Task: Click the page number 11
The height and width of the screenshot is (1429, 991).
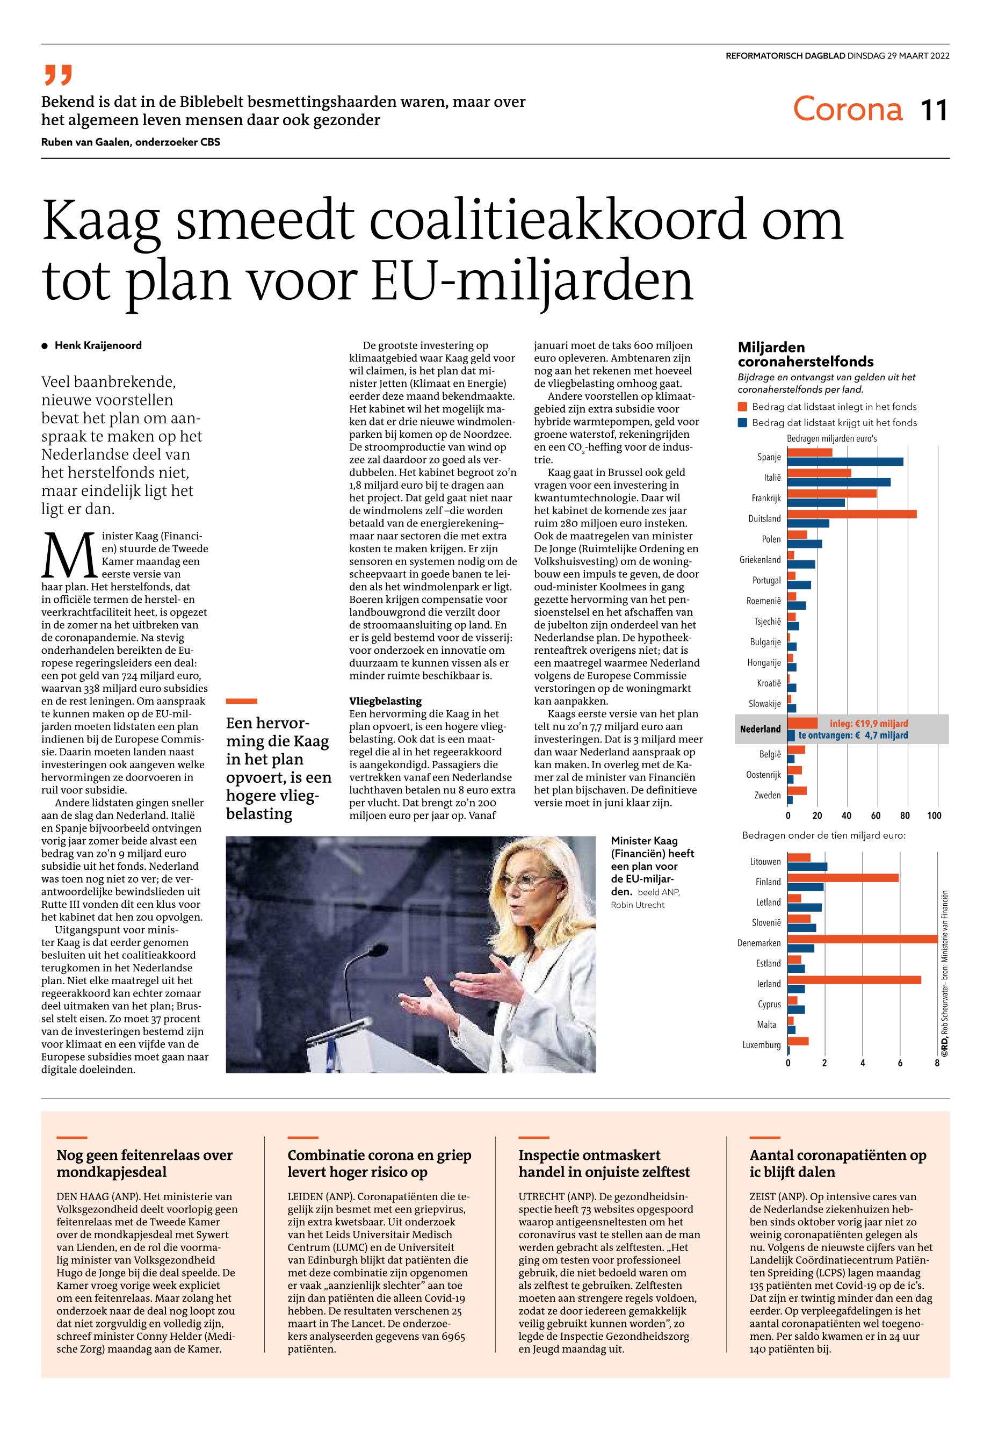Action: pos(934,111)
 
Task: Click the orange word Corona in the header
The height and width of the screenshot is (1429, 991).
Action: pos(847,109)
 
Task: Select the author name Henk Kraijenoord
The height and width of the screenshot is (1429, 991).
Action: pos(98,345)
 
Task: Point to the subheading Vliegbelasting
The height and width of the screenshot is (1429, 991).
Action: pos(386,701)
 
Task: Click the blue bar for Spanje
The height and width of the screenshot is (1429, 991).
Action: pos(845,461)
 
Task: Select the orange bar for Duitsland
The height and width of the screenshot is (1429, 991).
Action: pos(852,514)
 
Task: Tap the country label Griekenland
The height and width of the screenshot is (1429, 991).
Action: pos(760,560)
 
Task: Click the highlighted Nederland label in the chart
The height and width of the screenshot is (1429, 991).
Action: pos(760,729)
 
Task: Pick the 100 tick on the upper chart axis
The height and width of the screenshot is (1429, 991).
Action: pos(934,815)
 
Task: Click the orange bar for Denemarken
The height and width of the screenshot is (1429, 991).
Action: pos(863,939)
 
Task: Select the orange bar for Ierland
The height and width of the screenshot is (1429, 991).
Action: pos(855,979)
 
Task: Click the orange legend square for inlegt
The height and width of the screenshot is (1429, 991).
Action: pos(742,407)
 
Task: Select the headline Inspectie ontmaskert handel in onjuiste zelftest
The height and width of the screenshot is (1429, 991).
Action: pos(604,1163)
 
